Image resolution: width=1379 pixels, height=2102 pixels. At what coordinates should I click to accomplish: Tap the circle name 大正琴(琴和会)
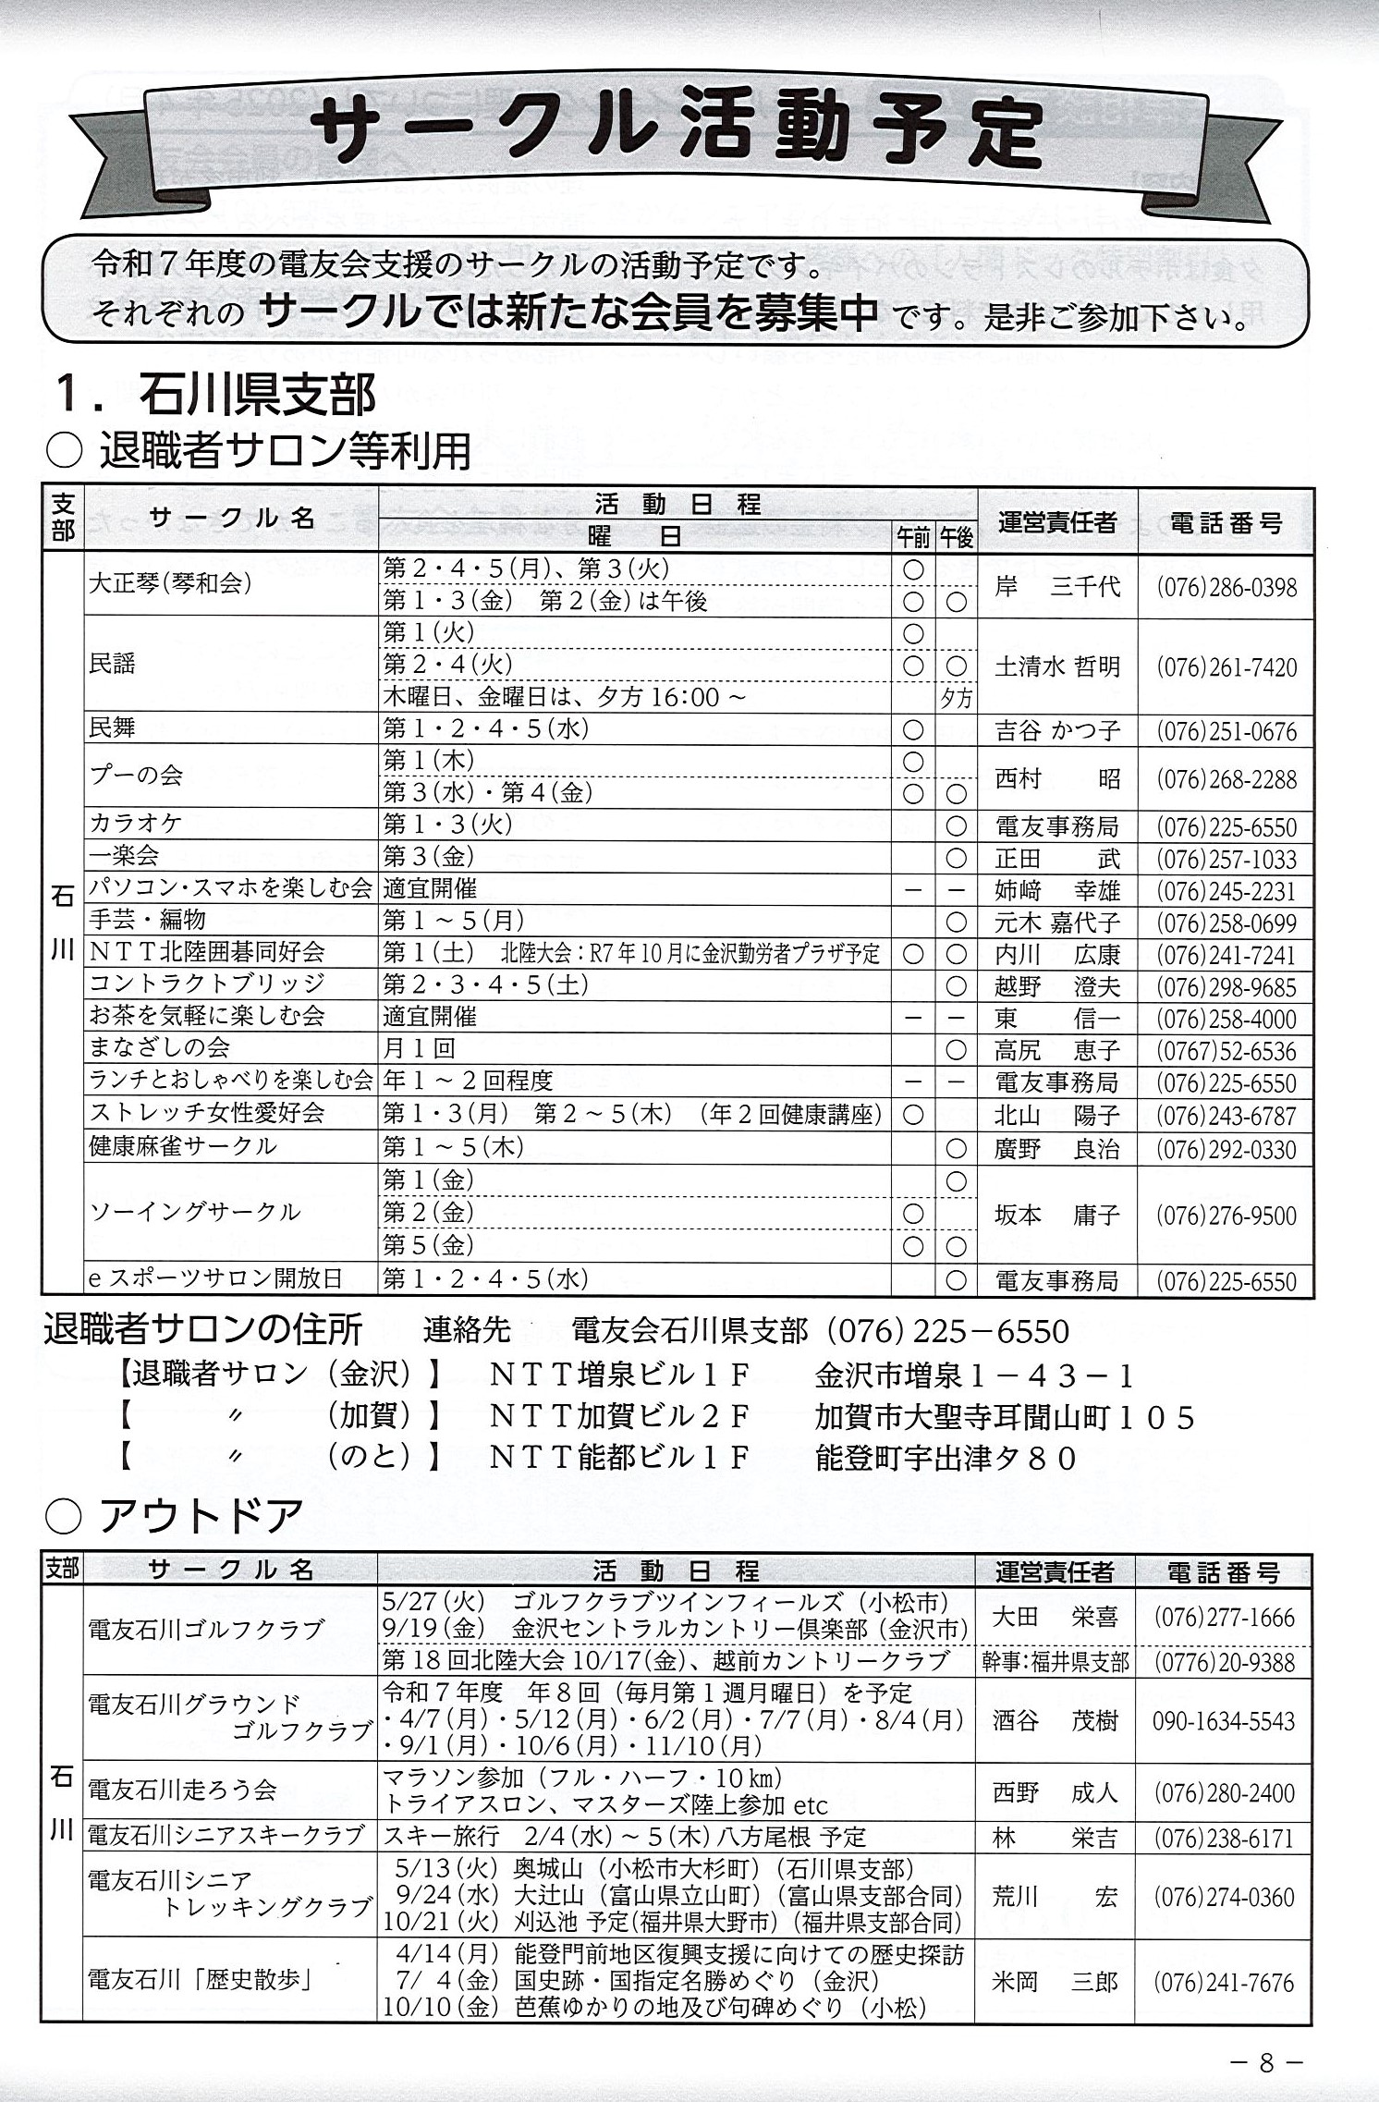click(170, 584)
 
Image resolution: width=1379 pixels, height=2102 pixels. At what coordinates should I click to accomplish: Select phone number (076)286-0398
click(1226, 588)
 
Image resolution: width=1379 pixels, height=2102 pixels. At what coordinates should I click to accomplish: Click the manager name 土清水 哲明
click(1056, 666)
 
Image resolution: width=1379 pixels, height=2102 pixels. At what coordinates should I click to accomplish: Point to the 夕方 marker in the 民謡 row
click(957, 698)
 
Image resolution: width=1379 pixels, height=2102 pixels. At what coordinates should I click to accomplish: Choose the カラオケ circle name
click(136, 823)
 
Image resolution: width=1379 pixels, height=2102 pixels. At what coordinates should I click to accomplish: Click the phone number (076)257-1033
click(1226, 860)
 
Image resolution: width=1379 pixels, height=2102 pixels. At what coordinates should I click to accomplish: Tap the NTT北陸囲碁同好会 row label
click(207, 952)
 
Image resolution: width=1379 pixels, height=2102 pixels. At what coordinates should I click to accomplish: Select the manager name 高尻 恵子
click(1056, 1051)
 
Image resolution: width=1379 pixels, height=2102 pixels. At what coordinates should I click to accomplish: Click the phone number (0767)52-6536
click(1226, 1052)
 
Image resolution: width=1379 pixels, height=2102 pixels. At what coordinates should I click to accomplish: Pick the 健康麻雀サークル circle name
click(183, 1146)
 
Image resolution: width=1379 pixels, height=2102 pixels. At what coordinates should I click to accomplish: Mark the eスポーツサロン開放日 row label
click(215, 1279)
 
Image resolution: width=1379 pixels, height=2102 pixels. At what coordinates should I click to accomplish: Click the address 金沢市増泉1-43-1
click(974, 1376)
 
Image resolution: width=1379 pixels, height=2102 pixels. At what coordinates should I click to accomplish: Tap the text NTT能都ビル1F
click(617, 1458)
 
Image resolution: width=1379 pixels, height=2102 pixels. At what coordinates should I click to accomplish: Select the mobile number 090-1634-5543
click(1224, 1720)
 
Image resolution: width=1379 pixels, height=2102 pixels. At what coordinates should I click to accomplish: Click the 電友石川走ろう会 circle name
click(182, 1790)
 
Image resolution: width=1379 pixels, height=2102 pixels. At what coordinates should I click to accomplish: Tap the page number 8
click(1266, 2055)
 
